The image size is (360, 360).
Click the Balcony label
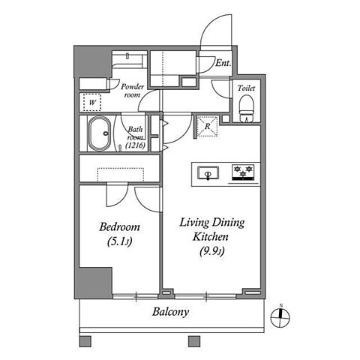[170, 312]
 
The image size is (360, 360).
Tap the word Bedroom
[119, 227]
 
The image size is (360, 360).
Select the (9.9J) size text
[211, 251]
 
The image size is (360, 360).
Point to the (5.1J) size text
[119, 241]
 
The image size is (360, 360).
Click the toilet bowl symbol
[247, 108]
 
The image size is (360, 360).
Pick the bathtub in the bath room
[99, 133]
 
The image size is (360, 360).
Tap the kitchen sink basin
[208, 173]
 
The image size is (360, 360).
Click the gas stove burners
[243, 172]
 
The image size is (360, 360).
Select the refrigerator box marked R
[207, 126]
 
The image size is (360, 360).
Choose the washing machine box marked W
[92, 102]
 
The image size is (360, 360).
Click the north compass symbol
[280, 318]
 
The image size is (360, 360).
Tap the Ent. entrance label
[223, 63]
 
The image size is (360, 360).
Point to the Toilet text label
[246, 88]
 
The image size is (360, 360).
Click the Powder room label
[133, 91]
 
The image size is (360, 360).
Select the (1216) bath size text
[136, 145]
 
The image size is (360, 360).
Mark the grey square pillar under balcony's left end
[85, 341]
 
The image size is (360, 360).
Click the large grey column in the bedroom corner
[94, 283]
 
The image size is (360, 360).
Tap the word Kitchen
[211, 237]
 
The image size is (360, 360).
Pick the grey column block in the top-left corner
[93, 61]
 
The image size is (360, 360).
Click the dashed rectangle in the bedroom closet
[121, 175]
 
